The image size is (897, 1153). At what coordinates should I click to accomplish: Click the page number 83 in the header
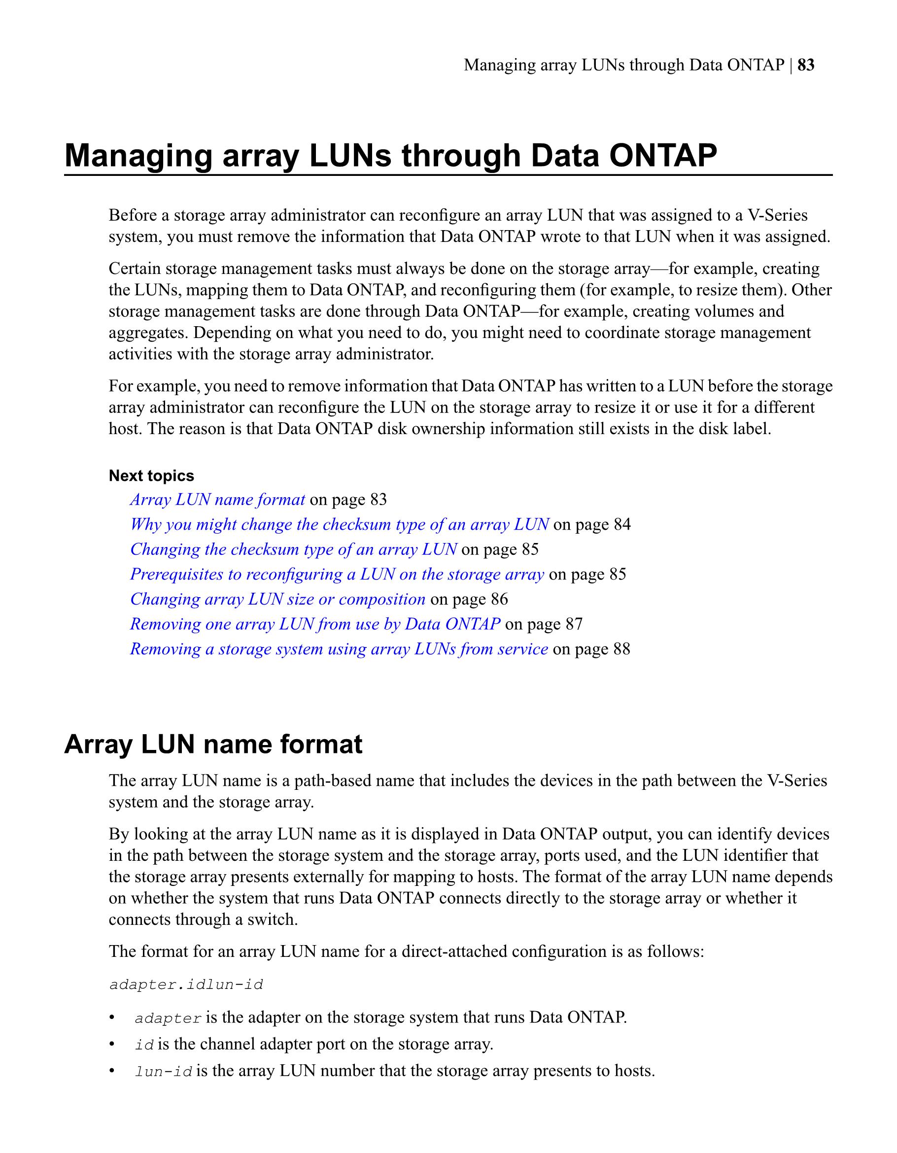[806, 65]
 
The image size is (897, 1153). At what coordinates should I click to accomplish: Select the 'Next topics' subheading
[151, 475]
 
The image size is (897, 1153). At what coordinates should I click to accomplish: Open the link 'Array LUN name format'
[217, 500]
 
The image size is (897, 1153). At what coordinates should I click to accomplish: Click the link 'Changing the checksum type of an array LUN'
[293, 549]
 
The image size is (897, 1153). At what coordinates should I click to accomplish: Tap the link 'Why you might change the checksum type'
[339, 524]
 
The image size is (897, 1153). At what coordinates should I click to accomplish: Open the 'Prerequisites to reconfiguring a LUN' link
[337, 574]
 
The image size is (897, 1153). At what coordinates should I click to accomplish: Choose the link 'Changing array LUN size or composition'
[277, 599]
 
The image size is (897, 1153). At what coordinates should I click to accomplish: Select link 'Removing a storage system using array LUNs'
[339, 649]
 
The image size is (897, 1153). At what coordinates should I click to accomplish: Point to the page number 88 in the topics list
[621, 649]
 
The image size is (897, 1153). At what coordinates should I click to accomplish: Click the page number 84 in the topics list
[622, 524]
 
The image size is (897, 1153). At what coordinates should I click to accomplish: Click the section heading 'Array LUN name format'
[213, 745]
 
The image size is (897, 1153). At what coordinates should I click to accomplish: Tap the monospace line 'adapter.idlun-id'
[186, 985]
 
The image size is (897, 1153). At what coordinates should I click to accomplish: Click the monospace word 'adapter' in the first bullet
[168, 1018]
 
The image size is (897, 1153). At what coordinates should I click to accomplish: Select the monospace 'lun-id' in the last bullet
[163, 1072]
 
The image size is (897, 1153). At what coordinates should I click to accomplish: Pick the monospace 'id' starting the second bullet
[144, 1045]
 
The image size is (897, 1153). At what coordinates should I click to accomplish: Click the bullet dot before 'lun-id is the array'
[111, 1071]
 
